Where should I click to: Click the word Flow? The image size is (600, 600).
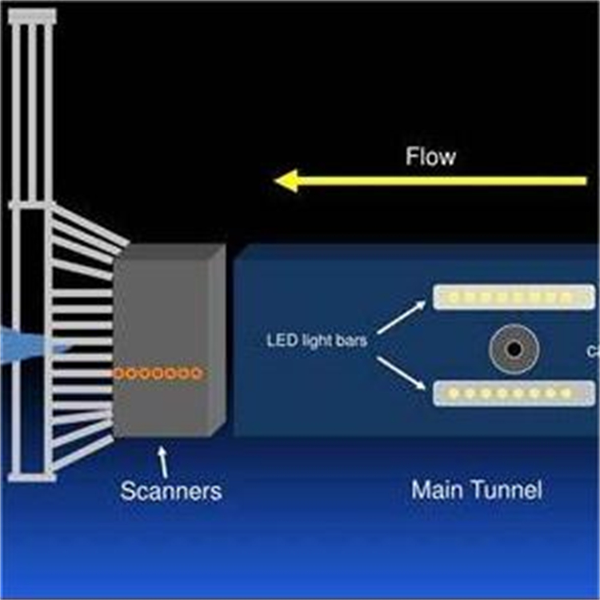[430, 156]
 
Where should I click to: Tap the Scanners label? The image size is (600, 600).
[170, 490]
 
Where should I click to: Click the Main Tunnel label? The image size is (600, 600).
[476, 489]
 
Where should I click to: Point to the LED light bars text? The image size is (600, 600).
[317, 341]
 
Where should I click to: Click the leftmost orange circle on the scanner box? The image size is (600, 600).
[119, 373]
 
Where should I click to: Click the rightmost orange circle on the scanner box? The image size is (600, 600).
[196, 373]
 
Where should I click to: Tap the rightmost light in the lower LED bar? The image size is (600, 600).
[566, 393]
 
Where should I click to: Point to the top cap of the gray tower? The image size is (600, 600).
[32, 15]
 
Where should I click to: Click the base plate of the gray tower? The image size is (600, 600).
[32, 477]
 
